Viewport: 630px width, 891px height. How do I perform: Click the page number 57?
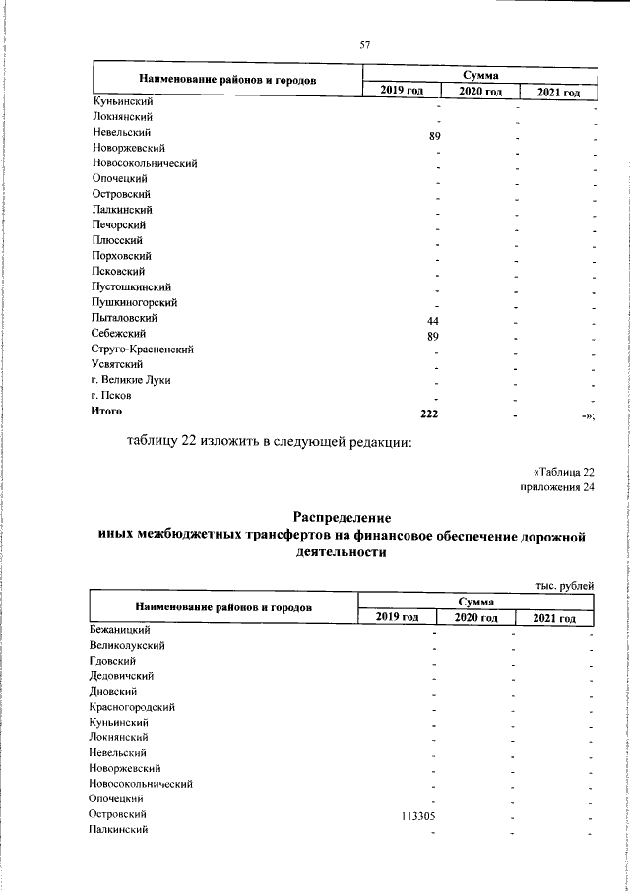[364, 44]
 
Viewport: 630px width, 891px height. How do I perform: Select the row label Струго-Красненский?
[142, 350]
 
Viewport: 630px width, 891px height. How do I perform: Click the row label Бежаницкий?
[119, 629]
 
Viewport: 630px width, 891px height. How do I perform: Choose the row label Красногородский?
[133, 707]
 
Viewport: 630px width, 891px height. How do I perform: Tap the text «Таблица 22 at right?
[557, 471]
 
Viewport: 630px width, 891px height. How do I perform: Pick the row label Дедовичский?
[121, 675]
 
